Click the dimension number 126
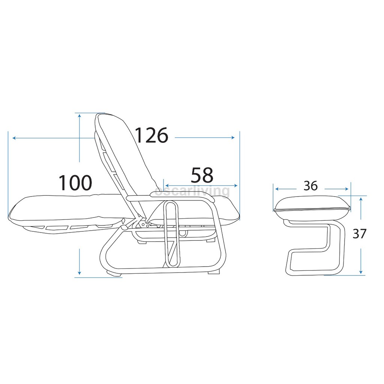(x=151, y=135)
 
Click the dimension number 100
(x=75, y=183)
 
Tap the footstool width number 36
(x=310, y=186)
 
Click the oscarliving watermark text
(x=192, y=191)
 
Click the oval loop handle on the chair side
(x=172, y=234)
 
